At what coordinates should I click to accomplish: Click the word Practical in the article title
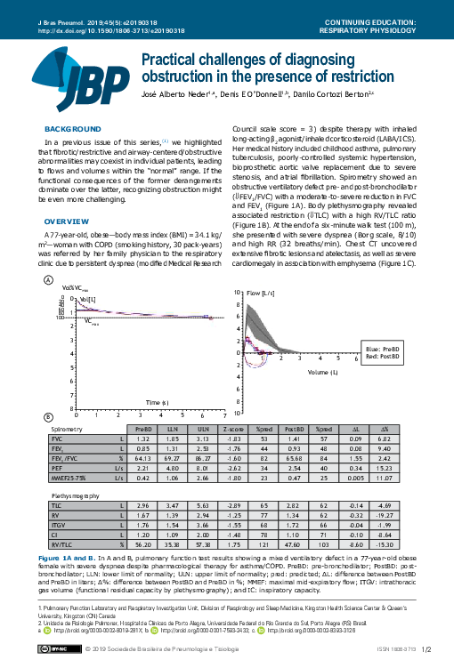click(171, 60)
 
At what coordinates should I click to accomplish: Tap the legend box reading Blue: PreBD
click(384, 348)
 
